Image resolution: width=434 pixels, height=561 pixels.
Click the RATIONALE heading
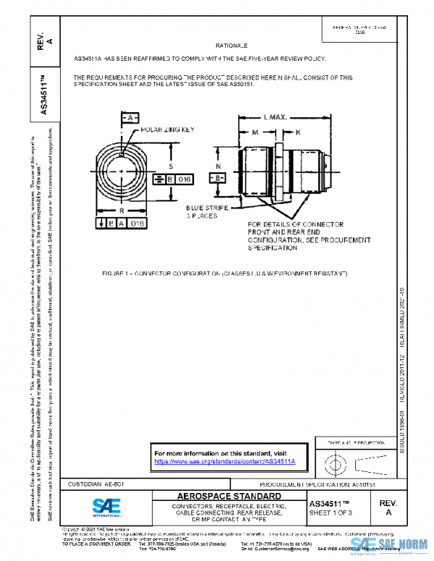(231, 45)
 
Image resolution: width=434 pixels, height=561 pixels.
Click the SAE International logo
(108, 504)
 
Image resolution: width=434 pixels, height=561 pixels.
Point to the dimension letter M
(256, 132)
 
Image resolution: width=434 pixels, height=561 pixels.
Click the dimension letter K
(298, 132)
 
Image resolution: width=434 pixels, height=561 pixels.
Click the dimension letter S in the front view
(171, 165)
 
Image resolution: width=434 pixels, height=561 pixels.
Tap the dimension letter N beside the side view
(218, 166)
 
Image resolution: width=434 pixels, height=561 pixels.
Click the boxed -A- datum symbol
(129, 117)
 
